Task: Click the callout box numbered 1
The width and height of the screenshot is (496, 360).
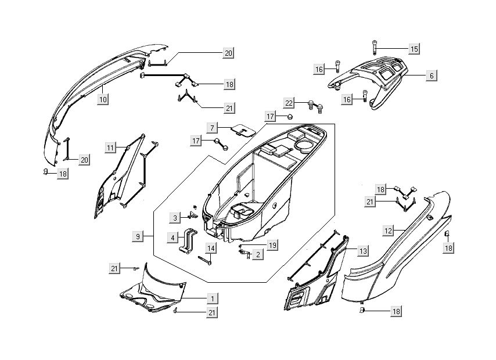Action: tap(213, 298)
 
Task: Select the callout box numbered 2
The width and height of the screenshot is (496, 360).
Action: tap(258, 254)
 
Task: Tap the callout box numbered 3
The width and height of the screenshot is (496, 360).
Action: tap(174, 218)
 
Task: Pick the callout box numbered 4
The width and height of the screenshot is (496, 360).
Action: tap(172, 237)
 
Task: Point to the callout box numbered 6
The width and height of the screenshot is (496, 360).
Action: tap(431, 75)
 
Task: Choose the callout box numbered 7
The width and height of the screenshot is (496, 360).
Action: tap(213, 127)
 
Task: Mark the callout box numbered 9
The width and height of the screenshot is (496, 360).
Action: tap(138, 236)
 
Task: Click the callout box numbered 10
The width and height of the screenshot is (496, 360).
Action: tap(103, 99)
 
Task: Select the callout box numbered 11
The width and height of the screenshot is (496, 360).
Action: tap(110, 148)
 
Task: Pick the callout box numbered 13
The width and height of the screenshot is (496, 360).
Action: tap(362, 251)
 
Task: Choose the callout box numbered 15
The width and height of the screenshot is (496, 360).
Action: tap(414, 49)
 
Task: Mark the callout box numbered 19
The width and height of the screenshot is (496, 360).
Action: tap(272, 245)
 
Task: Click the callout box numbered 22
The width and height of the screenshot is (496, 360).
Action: tap(288, 102)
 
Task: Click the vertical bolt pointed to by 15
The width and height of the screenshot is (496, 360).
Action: tap(375, 49)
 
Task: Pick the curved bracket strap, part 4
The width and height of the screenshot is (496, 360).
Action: tap(189, 242)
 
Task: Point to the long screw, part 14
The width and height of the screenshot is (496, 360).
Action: tap(204, 261)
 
